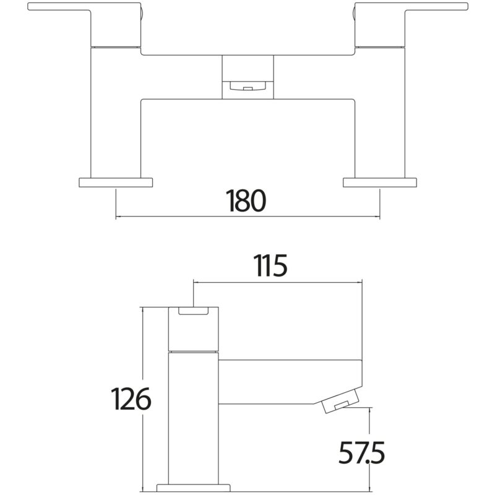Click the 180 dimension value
click(246, 200)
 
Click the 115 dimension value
click(270, 265)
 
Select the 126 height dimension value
click(131, 398)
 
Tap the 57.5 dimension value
click(362, 452)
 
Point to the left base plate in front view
click(116, 183)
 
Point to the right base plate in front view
click(380, 183)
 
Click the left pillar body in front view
click(116, 113)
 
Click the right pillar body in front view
click(380, 113)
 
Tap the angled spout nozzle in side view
click(341, 400)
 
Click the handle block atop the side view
click(194, 329)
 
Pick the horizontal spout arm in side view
click(290, 382)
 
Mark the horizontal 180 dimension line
click(248, 217)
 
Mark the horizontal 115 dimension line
click(278, 282)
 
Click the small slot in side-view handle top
click(194, 311)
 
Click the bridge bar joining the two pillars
click(248, 77)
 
